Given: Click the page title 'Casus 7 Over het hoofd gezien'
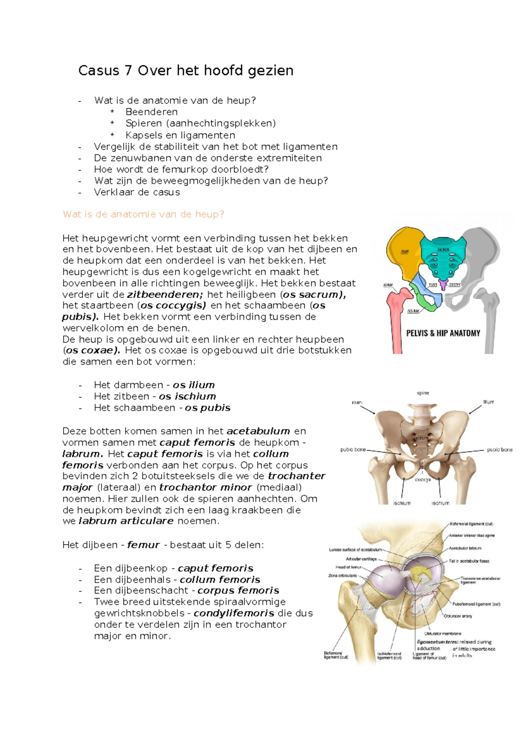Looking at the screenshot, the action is (x=186, y=71).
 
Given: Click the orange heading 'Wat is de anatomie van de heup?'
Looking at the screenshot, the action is (x=143, y=214).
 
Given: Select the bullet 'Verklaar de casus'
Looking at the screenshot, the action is (x=137, y=192).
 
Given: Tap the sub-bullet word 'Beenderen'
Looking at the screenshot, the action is (x=151, y=112).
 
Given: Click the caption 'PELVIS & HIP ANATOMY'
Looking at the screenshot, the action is (x=443, y=333).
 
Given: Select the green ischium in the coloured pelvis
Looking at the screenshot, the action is (x=426, y=303).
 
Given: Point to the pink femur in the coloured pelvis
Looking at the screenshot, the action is (x=397, y=314).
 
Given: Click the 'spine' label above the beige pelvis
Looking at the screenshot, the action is (x=423, y=393).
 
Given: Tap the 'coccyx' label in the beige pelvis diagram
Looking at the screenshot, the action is (x=423, y=479).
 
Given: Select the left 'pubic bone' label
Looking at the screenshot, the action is (x=353, y=449).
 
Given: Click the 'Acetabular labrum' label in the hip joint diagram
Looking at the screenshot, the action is (x=465, y=548).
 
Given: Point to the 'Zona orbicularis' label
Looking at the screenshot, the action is (x=343, y=576).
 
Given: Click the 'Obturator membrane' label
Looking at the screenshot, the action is (x=442, y=634).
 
